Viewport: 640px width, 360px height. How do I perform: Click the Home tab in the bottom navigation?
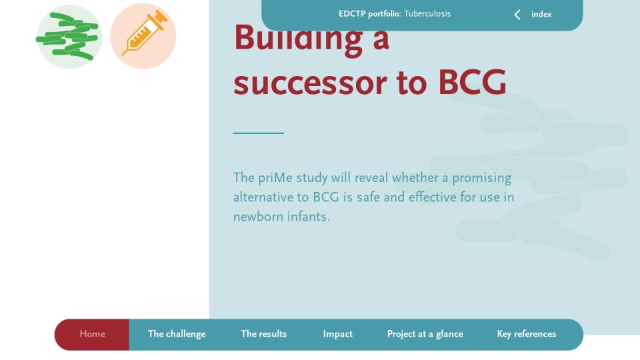pyautogui.click(x=92, y=334)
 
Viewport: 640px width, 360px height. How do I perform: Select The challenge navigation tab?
pyautogui.click(x=177, y=334)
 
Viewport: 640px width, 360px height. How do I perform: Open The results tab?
pyautogui.click(x=264, y=334)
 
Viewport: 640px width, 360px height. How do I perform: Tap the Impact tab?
pyautogui.click(x=337, y=334)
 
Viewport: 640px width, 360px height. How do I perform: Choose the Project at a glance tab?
pyautogui.click(x=425, y=334)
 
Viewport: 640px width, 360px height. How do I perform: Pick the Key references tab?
pyautogui.click(x=527, y=334)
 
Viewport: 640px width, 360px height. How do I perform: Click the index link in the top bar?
pyautogui.click(x=541, y=14)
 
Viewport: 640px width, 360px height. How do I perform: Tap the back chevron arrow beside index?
pyautogui.click(x=517, y=15)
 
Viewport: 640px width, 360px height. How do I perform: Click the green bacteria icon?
pyautogui.click(x=69, y=36)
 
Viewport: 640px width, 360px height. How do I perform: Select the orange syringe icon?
pyautogui.click(x=143, y=36)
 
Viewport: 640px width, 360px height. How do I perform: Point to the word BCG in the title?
pyautogui.click(x=472, y=83)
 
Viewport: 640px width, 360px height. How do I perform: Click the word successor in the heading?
pyautogui.click(x=310, y=83)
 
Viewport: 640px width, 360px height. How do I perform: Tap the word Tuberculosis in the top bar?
pyautogui.click(x=427, y=13)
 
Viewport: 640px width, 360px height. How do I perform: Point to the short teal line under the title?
pyautogui.click(x=259, y=133)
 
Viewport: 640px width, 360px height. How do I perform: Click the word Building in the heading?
pyautogui.click(x=299, y=38)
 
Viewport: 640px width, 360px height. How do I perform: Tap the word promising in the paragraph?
pyautogui.click(x=481, y=179)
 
